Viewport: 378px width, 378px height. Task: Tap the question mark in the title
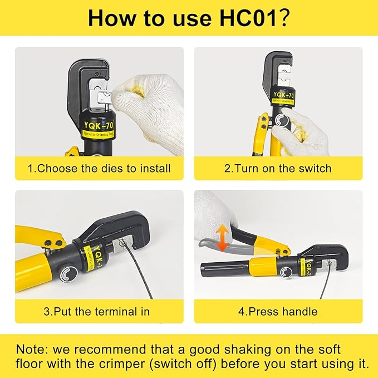click(x=283, y=18)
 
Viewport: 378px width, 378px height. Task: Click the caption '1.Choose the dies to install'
click(x=100, y=168)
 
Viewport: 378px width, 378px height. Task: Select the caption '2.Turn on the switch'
click(x=278, y=168)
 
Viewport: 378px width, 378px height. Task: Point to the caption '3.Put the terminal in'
click(x=97, y=311)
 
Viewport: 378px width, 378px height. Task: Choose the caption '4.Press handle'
click(x=278, y=311)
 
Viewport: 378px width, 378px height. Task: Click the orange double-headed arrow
click(x=222, y=237)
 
